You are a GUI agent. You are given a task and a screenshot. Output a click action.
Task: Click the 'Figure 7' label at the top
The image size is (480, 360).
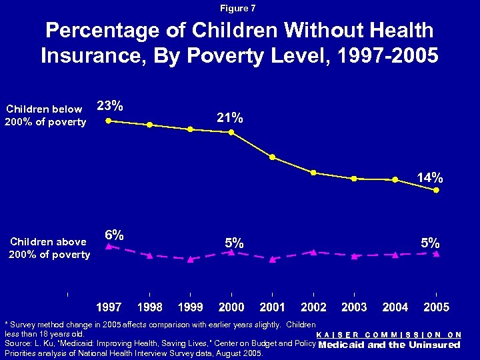pos(239,9)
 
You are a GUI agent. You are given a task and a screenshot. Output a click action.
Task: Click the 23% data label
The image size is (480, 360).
pos(109,105)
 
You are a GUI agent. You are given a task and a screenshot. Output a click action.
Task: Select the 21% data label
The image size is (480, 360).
pos(230,117)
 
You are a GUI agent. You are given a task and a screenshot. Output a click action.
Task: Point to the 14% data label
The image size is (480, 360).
pos(429,177)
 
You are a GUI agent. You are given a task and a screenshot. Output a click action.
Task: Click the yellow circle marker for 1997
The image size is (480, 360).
pos(109,121)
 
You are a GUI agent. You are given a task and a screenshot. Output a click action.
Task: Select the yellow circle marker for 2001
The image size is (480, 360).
pos(272,157)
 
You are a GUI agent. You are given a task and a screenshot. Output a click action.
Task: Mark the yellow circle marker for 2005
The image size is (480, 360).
pos(436,190)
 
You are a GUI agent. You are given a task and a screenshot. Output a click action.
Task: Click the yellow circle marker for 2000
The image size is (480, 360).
pos(231,132)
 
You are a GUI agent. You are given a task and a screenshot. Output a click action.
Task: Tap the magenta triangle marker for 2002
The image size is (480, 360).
pos(313,252)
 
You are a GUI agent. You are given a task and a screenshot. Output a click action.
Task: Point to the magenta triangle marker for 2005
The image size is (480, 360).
pos(436,253)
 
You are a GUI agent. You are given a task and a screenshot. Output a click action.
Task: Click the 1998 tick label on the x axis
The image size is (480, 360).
pos(149,307)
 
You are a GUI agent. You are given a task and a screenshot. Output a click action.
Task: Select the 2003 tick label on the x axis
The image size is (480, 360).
pos(354,307)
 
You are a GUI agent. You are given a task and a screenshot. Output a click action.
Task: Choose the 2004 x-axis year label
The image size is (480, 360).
pos(395,307)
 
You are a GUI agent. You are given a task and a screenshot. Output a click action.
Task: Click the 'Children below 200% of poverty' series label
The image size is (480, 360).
pos(46,115)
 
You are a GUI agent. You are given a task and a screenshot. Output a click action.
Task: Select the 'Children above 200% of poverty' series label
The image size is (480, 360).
pos(49,248)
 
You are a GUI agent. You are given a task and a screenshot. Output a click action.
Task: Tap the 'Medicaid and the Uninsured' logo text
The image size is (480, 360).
pos(389,345)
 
